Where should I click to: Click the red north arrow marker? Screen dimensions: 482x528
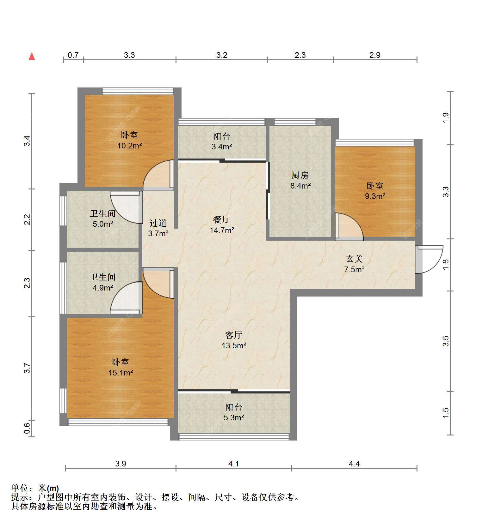32,56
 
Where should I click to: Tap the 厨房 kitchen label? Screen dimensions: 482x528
300,175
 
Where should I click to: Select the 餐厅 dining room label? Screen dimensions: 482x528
222,219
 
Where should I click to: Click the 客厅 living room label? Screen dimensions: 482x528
234,335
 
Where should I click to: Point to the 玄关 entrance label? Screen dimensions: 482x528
354,259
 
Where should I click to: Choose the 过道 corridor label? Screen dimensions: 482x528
158,223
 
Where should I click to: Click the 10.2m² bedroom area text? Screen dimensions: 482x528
130,146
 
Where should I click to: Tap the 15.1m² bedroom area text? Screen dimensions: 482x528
120,373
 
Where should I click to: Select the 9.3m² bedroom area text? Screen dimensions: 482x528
375,196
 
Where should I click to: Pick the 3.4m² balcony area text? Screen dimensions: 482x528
222,147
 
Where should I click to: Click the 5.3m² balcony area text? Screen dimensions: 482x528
234,417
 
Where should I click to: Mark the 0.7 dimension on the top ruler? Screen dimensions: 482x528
73,55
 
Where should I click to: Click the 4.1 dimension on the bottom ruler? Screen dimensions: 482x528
234,464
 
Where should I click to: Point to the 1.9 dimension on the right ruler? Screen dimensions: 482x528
446,118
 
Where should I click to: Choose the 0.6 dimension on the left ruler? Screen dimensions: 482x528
27,429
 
